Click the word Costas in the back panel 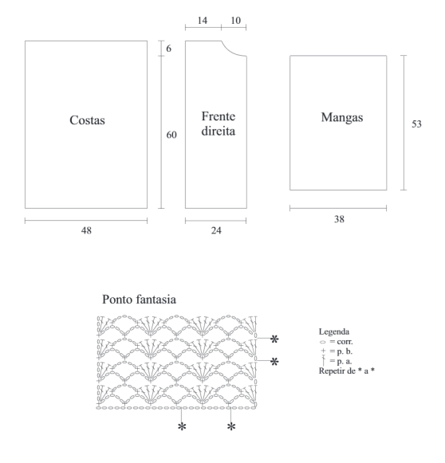[x=87, y=120]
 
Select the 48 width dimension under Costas [x=86, y=230]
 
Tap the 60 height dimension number [x=171, y=135]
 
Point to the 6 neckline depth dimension [x=168, y=48]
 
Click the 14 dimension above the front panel [x=203, y=21]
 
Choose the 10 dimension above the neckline [x=235, y=21]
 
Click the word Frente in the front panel [x=219, y=116]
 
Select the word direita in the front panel [x=219, y=131]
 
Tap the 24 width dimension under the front [x=216, y=230]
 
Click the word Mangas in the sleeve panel [x=342, y=117]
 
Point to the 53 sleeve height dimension [x=416, y=124]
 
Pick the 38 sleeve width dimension [x=339, y=219]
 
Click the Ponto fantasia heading [x=140, y=299]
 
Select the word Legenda [x=334, y=332]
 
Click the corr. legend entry [x=337, y=342]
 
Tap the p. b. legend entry [x=337, y=351]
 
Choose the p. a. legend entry [x=337, y=361]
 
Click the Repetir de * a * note [x=347, y=371]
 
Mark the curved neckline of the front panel [x=231, y=52]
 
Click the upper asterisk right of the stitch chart [x=274, y=339]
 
